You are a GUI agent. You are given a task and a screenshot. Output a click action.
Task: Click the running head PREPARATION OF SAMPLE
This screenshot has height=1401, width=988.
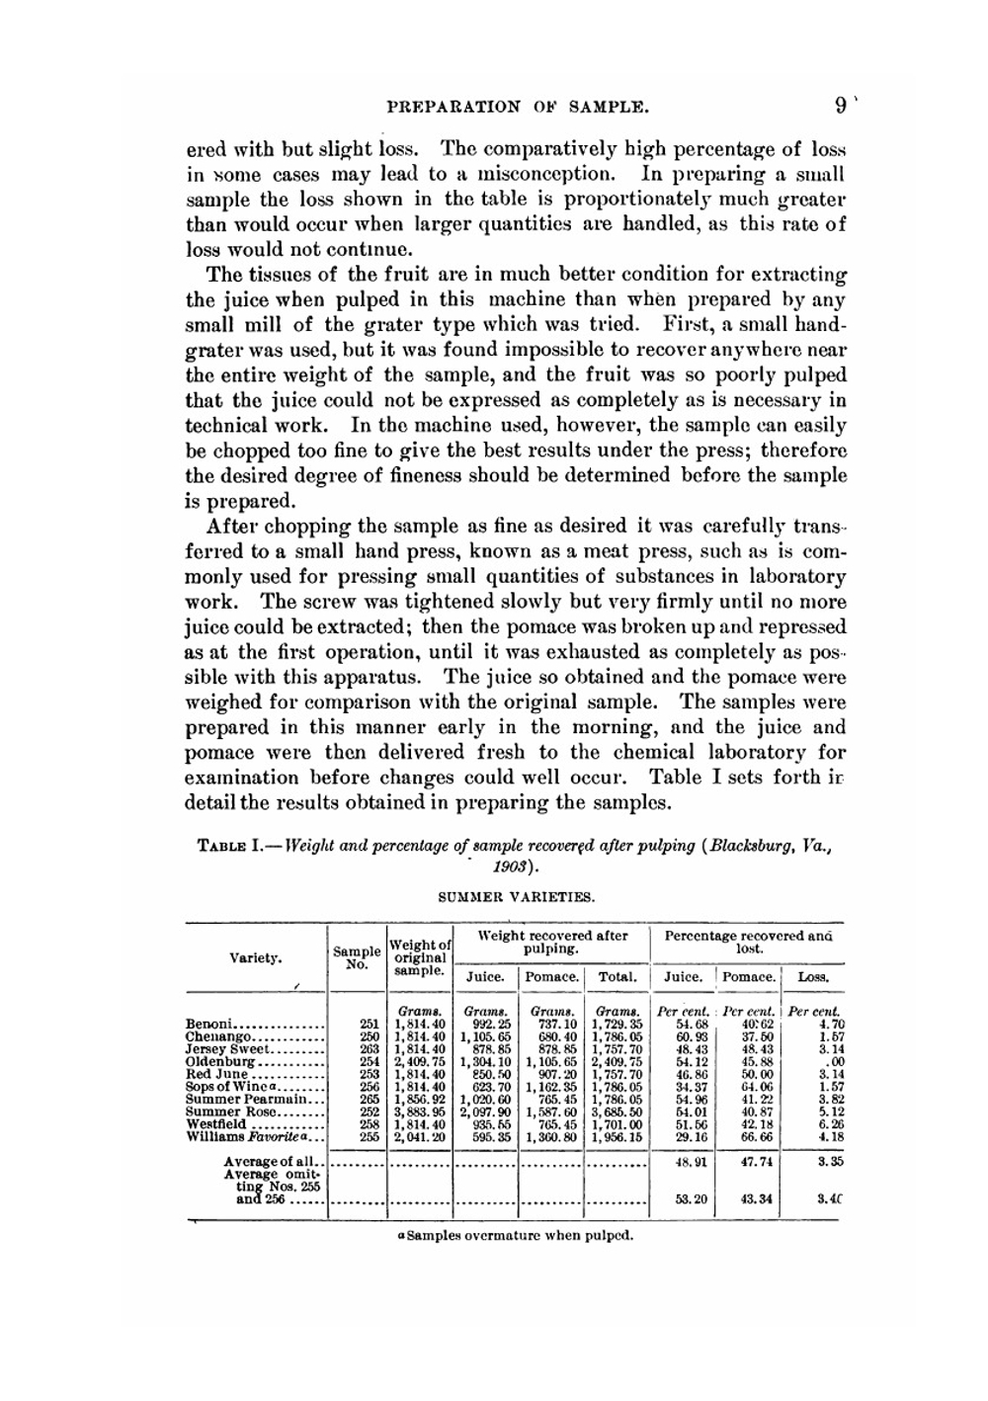(518, 106)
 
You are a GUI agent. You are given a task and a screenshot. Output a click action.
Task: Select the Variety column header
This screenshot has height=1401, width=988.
(255, 957)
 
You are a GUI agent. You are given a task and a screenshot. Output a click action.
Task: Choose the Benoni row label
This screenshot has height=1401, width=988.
(209, 1025)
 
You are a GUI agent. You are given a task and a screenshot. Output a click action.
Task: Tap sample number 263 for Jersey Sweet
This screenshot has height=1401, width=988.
(370, 1049)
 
